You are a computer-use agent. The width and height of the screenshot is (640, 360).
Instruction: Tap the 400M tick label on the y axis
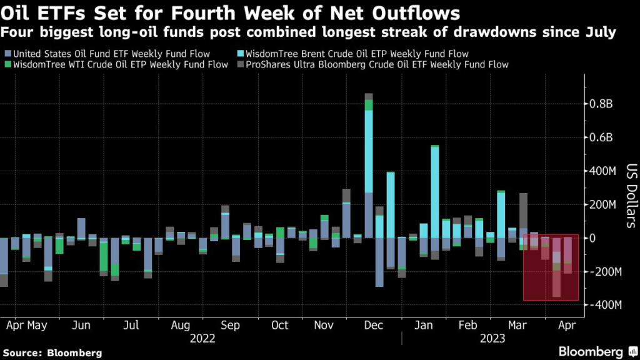(x=603, y=171)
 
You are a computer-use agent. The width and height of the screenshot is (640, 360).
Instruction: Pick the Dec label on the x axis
(x=373, y=325)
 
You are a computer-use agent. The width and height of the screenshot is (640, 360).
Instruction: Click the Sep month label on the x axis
(x=230, y=325)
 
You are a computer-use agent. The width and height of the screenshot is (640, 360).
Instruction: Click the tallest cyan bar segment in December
(x=369, y=151)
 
